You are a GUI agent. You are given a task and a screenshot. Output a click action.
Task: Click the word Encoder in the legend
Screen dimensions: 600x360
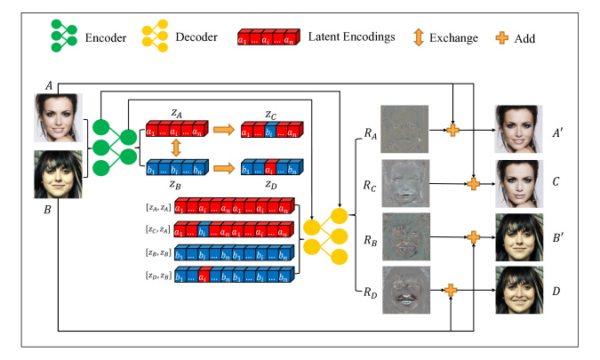(x=106, y=38)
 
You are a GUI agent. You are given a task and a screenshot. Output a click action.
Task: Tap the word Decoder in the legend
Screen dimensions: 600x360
(x=196, y=37)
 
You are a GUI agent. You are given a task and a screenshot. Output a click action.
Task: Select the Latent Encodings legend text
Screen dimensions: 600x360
(x=351, y=36)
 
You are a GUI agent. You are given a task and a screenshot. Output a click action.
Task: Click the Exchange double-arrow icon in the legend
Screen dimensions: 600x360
(x=419, y=37)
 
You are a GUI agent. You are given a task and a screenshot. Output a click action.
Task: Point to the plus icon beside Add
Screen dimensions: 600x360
(x=502, y=38)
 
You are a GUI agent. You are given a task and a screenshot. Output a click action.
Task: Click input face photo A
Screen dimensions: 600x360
(x=58, y=118)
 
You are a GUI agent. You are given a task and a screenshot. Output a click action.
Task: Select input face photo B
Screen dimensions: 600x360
(x=58, y=174)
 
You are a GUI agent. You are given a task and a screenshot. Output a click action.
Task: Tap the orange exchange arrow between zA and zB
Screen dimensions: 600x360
(x=176, y=148)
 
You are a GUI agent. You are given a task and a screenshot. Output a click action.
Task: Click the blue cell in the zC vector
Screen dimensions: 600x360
(x=270, y=130)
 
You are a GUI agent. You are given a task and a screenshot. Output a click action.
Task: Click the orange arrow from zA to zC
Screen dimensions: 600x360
(x=224, y=130)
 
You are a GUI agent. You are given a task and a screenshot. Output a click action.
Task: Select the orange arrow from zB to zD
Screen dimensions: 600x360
(x=224, y=168)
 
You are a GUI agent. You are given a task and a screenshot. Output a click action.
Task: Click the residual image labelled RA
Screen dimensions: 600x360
(x=404, y=129)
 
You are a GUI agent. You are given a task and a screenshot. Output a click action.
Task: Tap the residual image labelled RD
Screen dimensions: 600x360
(x=406, y=290)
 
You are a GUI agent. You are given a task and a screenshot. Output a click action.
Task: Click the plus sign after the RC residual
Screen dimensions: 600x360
(x=474, y=184)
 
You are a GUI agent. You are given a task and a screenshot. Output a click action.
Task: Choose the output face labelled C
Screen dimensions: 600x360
(x=519, y=184)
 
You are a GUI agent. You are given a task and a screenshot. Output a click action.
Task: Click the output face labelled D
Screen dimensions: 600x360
(x=519, y=290)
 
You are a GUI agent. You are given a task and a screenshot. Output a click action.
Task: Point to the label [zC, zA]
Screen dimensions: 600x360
(x=158, y=229)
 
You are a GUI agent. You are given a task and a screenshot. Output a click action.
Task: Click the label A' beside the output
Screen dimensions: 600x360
(x=557, y=132)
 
